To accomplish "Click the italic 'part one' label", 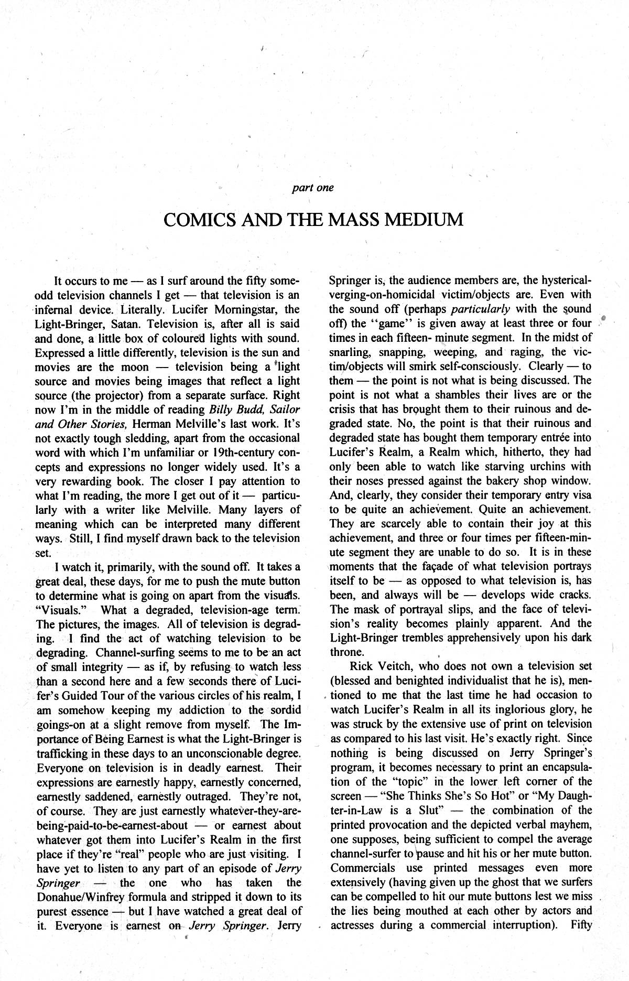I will (312, 187).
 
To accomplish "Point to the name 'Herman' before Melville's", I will (155, 424).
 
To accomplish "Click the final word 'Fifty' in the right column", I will (580, 925).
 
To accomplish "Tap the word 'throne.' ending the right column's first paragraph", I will (346, 652).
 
